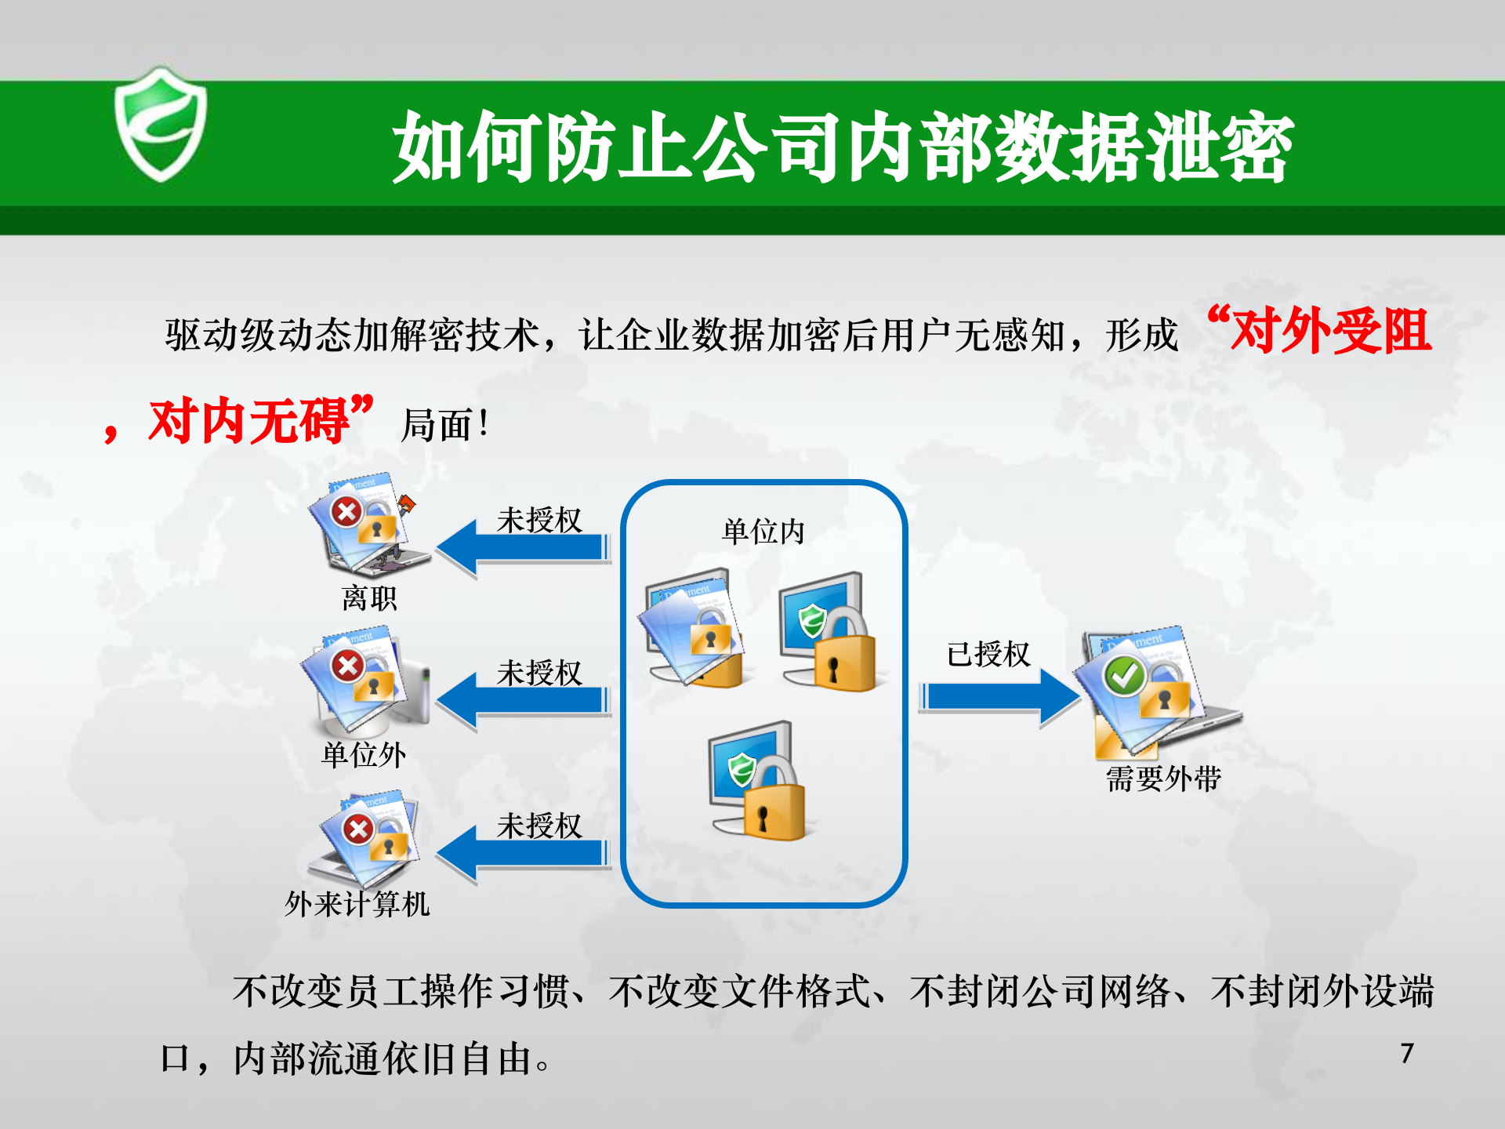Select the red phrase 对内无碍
(249, 422)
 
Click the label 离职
(369, 599)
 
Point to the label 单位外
(364, 755)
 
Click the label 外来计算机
(357, 904)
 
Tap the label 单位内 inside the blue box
(763, 532)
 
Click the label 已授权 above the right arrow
(988, 654)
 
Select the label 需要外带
(1163, 779)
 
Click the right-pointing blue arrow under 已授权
(999, 696)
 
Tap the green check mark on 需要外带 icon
(1124, 675)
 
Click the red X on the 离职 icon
(346, 513)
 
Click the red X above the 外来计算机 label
(358, 829)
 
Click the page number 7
(1407, 1054)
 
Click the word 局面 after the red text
(437, 426)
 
